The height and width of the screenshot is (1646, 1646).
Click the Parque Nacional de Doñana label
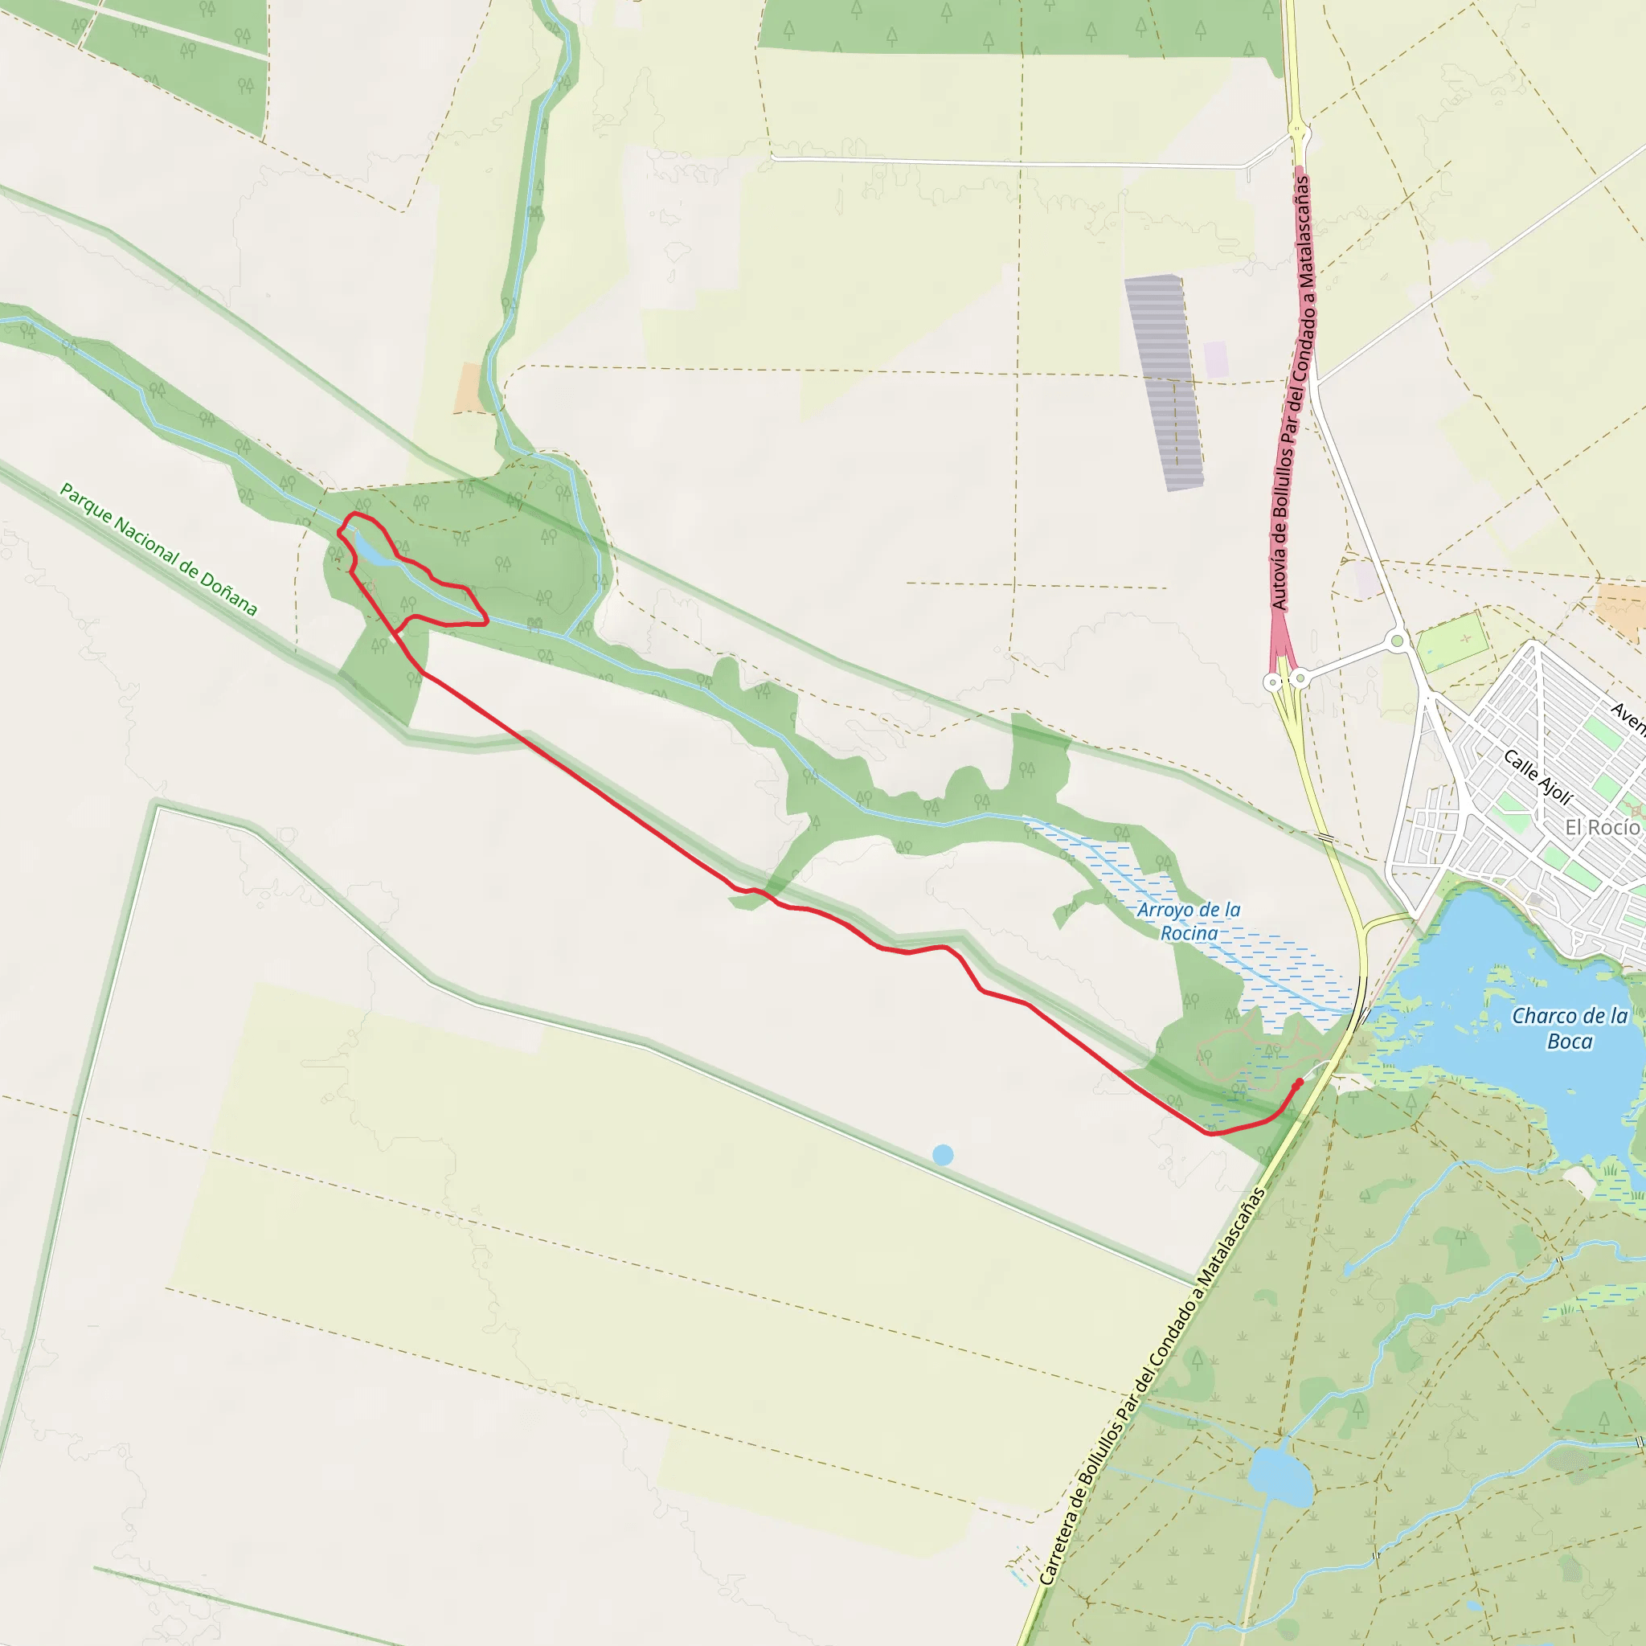[158, 549]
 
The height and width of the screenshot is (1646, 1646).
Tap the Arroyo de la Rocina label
[1189, 921]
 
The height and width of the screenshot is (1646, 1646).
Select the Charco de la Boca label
[1570, 1027]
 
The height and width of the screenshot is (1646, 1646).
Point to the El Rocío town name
[1602, 826]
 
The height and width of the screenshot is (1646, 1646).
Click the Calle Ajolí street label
[1537, 776]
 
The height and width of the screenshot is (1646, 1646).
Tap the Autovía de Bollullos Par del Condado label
[1292, 392]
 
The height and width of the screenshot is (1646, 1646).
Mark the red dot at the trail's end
[1300, 1082]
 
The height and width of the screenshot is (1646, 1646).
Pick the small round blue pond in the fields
[942, 1155]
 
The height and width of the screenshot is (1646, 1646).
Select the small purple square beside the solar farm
[1216, 359]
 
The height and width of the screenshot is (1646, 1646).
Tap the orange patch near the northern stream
[468, 387]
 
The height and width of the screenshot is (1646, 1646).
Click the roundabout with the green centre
[1396, 641]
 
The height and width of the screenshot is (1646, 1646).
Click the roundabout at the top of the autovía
[1296, 130]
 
